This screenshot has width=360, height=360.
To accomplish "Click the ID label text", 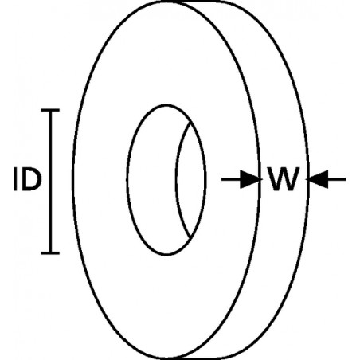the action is click(27, 179).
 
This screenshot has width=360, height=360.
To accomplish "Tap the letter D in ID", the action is click(32, 179).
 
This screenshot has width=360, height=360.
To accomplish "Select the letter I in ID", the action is click(15, 179).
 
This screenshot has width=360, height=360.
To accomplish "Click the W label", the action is click(284, 179).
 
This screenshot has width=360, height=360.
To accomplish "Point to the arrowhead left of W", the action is click(249, 179).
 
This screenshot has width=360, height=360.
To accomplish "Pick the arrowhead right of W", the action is click(318, 179).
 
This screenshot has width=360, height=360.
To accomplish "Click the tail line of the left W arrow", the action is click(231, 179).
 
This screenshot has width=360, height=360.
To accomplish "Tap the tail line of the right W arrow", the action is click(336, 179).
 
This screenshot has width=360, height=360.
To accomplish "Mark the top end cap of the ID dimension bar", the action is click(50, 110).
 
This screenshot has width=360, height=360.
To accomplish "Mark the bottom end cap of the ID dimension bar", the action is click(50, 253).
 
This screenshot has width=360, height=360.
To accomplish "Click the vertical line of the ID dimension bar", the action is click(50, 182).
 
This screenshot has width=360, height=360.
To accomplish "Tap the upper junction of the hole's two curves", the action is click(190, 123).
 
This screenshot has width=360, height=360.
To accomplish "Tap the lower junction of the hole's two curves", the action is click(190, 238).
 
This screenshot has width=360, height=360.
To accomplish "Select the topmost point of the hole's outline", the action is click(166, 105).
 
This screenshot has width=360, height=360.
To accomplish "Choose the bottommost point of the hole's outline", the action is click(166, 255).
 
